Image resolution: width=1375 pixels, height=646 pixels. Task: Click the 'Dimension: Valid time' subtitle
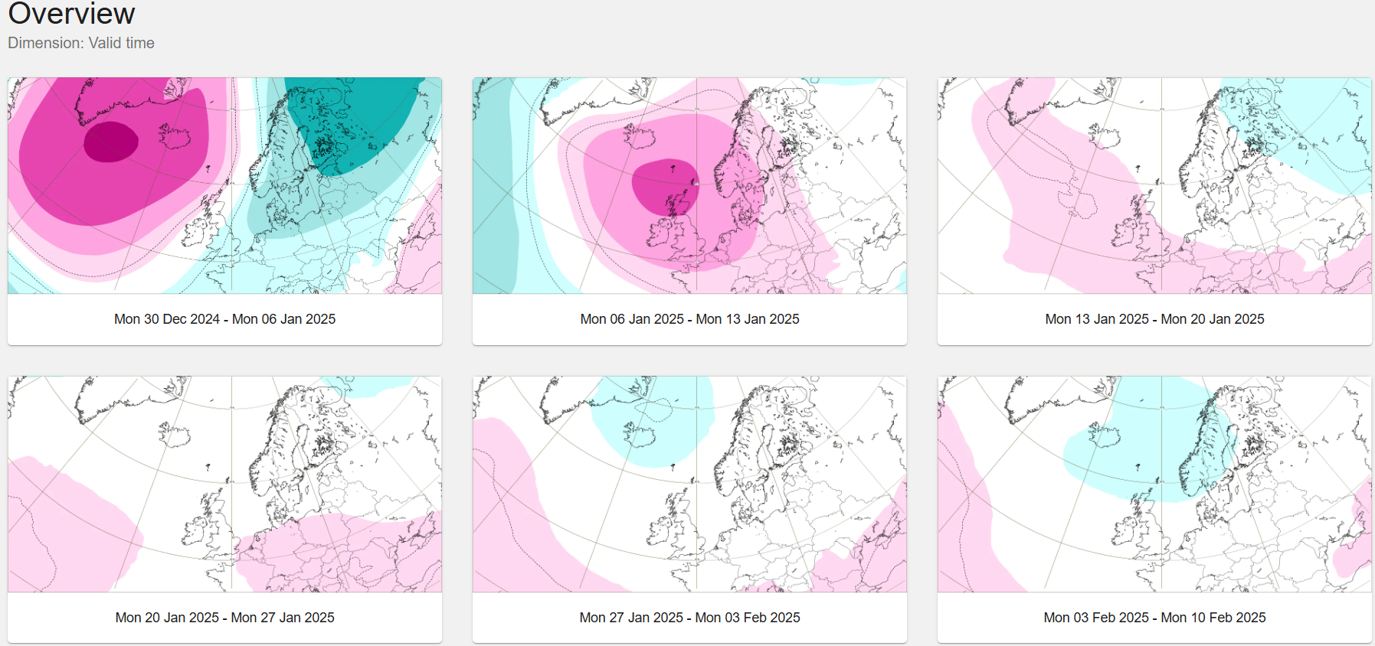[x=81, y=43]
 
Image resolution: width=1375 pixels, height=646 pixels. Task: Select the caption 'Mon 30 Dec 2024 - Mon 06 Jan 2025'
[x=224, y=319]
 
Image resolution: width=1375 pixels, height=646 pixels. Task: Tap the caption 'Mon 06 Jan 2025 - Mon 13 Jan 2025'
[x=689, y=319]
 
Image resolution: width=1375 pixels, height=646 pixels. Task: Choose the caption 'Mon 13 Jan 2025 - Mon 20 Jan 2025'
[x=1154, y=319]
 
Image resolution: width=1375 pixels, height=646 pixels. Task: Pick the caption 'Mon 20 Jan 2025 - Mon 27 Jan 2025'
[x=224, y=618]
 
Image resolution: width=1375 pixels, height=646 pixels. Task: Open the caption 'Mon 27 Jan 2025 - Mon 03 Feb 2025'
[x=689, y=618]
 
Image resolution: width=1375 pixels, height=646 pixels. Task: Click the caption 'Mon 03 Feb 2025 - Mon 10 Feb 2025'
[x=1154, y=618]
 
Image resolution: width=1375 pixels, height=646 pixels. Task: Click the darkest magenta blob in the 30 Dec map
[x=111, y=142]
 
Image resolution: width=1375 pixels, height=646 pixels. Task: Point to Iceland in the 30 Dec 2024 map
[x=175, y=137]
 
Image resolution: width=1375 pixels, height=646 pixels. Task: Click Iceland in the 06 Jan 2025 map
[x=640, y=137]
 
